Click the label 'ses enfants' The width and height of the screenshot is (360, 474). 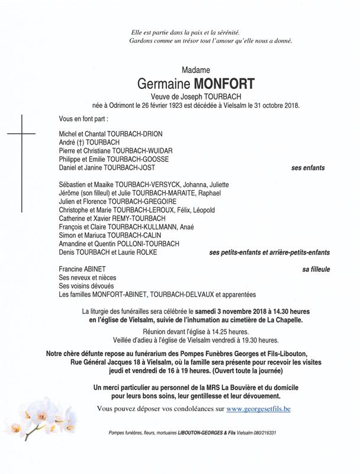(x=308, y=168)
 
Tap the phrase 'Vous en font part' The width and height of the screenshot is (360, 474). (x=88, y=119)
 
